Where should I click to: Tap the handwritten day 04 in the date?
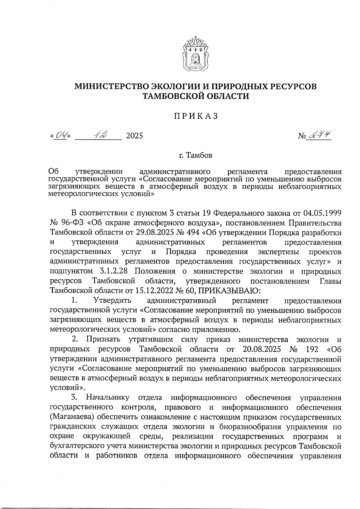(61, 136)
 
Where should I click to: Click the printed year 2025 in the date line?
(134, 136)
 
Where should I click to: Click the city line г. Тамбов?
(195, 156)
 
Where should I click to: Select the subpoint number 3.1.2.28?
(113, 271)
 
